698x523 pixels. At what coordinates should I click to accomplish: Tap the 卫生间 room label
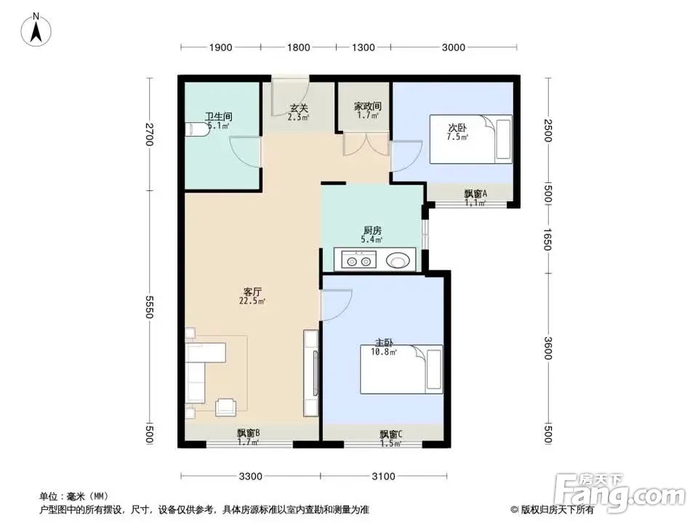(218, 116)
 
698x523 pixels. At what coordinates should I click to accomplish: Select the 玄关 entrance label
(298, 109)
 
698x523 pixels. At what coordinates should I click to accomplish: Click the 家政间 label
(368, 106)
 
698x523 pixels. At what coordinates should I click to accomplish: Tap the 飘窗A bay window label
(475, 194)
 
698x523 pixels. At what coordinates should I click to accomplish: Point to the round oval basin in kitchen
(398, 259)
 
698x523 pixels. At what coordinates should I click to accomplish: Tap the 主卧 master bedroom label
(384, 343)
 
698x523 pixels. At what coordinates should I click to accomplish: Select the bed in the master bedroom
(401, 370)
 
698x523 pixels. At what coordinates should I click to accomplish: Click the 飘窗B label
(249, 434)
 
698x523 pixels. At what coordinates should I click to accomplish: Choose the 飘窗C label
(390, 434)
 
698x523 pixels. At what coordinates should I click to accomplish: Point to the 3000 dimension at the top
(453, 48)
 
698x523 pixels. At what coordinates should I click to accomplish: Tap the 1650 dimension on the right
(547, 238)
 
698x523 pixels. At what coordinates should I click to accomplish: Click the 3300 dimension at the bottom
(250, 477)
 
